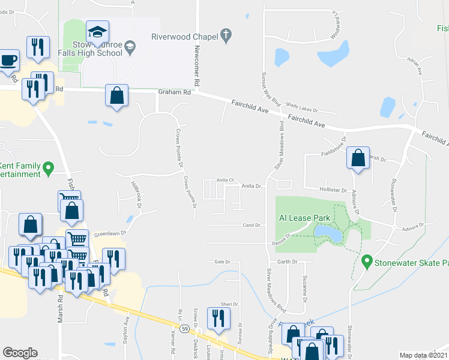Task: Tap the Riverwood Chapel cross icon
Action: pyautogui.click(x=227, y=36)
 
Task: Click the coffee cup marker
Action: pyautogui.click(x=8, y=61)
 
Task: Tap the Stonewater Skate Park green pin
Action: pyautogui.click(x=367, y=262)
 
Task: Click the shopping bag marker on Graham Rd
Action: pyautogui.click(x=116, y=95)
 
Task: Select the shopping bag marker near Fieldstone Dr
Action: pyautogui.click(x=358, y=159)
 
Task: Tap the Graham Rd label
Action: pyautogui.click(x=175, y=92)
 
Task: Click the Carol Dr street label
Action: pyautogui.click(x=251, y=226)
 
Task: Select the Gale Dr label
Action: pyautogui.click(x=223, y=262)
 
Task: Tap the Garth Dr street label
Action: pyautogui.click(x=287, y=262)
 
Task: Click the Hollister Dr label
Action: pyautogui.click(x=337, y=190)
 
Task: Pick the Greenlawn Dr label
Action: pyautogui.click(x=110, y=233)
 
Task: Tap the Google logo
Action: pyautogui.click(x=20, y=353)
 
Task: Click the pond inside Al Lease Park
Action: pyautogui.click(x=327, y=233)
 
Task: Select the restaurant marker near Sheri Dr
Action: pyautogui.click(x=217, y=319)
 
